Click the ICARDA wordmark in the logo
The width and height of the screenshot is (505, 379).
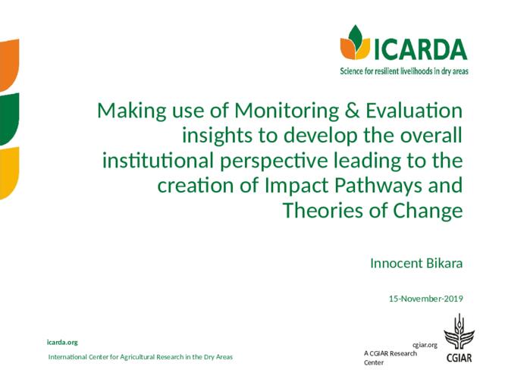421,49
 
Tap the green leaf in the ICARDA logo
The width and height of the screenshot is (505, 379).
356,36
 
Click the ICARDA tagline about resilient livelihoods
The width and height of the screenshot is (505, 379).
404,70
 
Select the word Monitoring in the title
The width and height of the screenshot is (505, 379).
287,111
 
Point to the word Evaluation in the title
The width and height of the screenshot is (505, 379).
414,110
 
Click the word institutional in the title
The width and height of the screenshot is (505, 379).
158,161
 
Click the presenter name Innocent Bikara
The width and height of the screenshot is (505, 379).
416,263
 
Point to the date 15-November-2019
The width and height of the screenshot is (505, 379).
426,299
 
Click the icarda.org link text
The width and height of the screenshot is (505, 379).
62,343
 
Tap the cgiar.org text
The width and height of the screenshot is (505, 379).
425,345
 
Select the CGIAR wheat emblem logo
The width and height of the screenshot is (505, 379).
460,337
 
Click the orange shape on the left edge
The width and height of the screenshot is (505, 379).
9,64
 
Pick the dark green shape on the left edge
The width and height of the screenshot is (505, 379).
9,118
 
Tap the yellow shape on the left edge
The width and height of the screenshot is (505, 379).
9,173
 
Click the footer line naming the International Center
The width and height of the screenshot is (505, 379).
140,357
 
